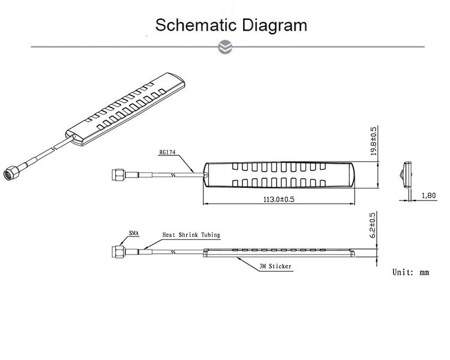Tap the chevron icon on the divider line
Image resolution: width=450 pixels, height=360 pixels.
[x=225, y=47]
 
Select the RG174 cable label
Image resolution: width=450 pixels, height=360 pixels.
[x=167, y=152]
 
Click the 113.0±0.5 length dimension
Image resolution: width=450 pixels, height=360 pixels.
[x=279, y=199]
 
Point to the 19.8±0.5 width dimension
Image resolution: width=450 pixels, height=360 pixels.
[x=374, y=140]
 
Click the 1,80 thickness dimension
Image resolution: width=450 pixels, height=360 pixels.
[x=429, y=196]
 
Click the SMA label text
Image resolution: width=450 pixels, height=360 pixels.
[x=134, y=233]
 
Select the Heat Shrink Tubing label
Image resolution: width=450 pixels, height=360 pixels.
[x=191, y=235]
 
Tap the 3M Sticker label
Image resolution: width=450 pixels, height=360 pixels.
[x=275, y=266]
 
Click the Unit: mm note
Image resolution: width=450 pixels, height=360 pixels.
[x=410, y=272]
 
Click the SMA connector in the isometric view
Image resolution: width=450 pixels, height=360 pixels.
[x=11, y=173]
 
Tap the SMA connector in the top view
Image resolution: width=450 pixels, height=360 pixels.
[x=118, y=175]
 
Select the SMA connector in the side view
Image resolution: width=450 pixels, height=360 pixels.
[x=118, y=252]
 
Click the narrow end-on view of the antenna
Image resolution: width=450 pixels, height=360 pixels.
[x=407, y=175]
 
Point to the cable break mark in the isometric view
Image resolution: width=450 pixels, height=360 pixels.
[x=53, y=148]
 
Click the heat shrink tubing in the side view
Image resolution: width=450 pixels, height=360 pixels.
[x=145, y=252]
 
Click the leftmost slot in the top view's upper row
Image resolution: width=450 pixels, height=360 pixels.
[x=235, y=166]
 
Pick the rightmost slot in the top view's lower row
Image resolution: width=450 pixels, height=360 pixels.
[x=323, y=183]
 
